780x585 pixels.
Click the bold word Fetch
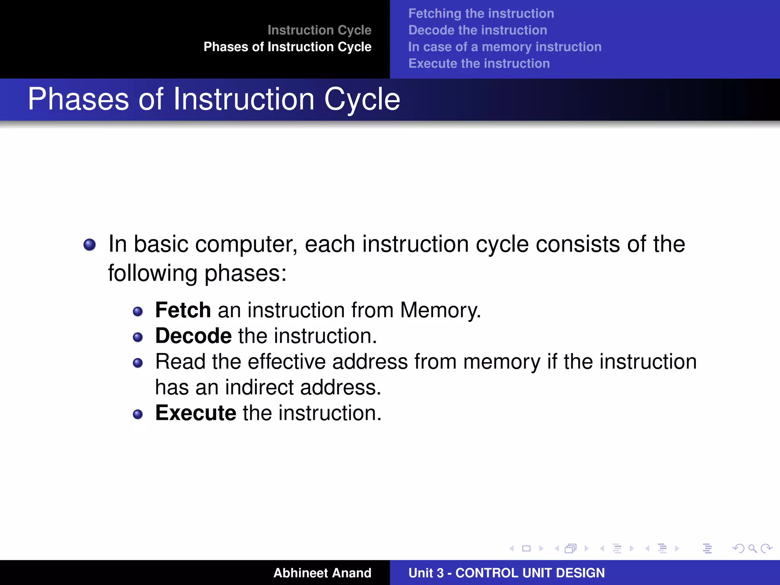pos(183,310)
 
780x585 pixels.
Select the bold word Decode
pos(193,336)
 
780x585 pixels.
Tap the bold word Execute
pos(195,413)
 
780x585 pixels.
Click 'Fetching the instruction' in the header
pos(481,14)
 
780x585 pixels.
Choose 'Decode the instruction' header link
pos(477,30)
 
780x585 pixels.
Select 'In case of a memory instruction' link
pos(504,47)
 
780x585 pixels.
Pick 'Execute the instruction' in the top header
pos(479,64)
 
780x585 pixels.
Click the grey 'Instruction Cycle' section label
pos(319,30)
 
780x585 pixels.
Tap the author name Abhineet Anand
pos(322,573)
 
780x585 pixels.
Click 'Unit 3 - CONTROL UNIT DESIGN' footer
pos(506,573)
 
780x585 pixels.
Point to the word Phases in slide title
pos(78,99)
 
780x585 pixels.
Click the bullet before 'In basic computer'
pos(90,245)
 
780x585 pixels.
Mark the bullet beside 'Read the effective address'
pos(137,363)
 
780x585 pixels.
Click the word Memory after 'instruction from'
pos(440,310)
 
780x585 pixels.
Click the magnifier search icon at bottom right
pos(752,548)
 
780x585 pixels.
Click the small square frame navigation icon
pos(526,548)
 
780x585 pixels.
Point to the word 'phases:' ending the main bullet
pos(245,273)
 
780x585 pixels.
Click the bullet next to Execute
pos(137,414)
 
